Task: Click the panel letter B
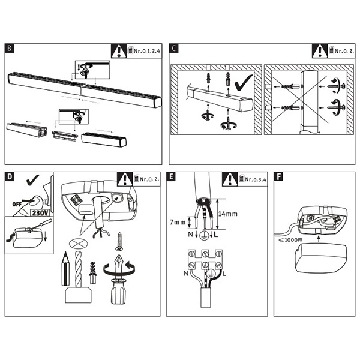coord(10,49)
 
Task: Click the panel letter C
coord(174,49)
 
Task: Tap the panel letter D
coord(10,176)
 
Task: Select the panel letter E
coord(171,176)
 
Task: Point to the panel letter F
coord(278,176)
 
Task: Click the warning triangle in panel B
coord(119,51)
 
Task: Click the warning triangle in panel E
coord(230,179)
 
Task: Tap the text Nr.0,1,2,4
coord(147,51)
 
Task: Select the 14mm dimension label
coord(228,214)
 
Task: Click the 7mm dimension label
coord(178,222)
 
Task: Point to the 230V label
coord(40,213)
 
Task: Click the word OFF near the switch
coord(17,204)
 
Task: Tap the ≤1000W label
coord(290,240)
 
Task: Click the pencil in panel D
coord(65,268)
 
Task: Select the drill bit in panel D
coord(78,269)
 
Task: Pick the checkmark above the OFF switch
coord(32,180)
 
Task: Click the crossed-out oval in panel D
coord(78,243)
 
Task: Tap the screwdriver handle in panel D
coord(118,292)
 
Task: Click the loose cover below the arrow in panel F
coord(321,258)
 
